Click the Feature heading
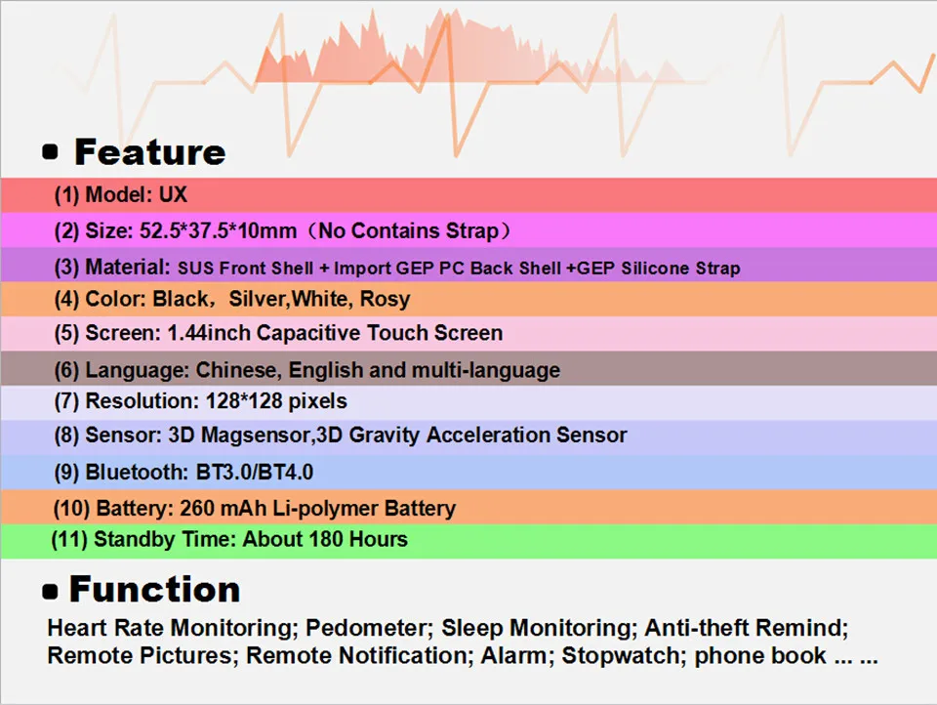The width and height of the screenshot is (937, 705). pyautogui.click(x=150, y=152)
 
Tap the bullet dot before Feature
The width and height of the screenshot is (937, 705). pyautogui.click(x=50, y=152)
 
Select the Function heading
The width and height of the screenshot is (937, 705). pyautogui.click(x=155, y=590)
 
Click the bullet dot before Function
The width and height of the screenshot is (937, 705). pyautogui.click(x=50, y=592)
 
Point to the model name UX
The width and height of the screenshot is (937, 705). pyautogui.click(x=173, y=194)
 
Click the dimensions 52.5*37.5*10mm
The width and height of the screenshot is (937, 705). pyautogui.click(x=218, y=230)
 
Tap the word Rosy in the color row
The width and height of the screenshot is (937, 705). pyautogui.click(x=386, y=299)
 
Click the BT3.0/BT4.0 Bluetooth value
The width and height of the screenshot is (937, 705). pyautogui.click(x=255, y=473)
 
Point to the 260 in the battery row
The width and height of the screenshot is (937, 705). pyautogui.click(x=196, y=509)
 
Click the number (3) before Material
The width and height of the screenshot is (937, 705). pyautogui.click(x=66, y=268)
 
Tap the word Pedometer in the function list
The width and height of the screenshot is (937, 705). pyautogui.click(x=369, y=628)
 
